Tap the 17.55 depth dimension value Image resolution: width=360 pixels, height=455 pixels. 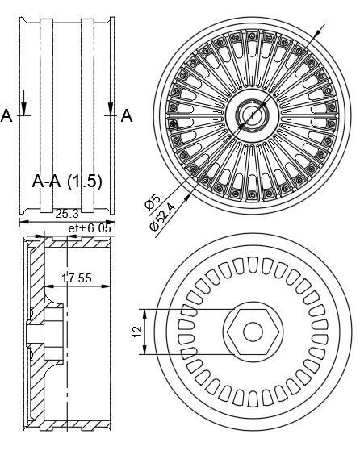(x=77, y=278)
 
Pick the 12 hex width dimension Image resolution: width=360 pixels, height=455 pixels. (x=137, y=331)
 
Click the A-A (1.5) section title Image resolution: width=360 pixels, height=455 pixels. (x=67, y=181)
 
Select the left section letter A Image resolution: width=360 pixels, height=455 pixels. (x=7, y=117)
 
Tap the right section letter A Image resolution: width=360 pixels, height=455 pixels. (x=127, y=117)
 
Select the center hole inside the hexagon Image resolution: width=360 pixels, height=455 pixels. (x=253, y=331)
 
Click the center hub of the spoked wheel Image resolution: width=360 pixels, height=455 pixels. (x=253, y=115)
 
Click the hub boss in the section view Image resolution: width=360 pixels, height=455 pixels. (x=36, y=332)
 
